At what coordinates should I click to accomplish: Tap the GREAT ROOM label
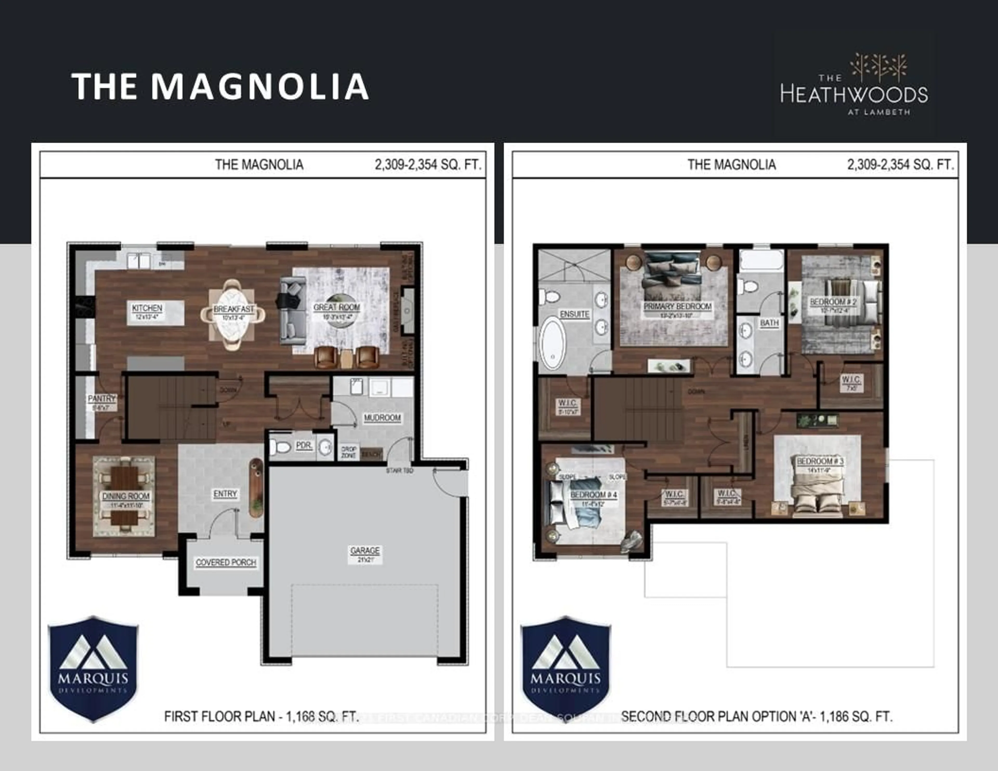pyautogui.click(x=337, y=308)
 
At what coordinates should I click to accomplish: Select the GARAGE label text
pyautogui.click(x=365, y=551)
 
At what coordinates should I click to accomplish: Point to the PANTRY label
pyautogui.click(x=101, y=399)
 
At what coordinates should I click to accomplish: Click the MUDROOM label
pyautogui.click(x=382, y=418)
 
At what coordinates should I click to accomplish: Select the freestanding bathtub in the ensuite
pyautogui.click(x=553, y=342)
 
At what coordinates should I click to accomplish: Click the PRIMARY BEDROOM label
pyautogui.click(x=677, y=307)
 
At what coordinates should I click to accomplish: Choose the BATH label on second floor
pyautogui.click(x=769, y=323)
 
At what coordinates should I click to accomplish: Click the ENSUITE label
pyautogui.click(x=574, y=314)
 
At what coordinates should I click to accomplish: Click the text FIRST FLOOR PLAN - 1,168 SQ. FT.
pyautogui.click(x=261, y=716)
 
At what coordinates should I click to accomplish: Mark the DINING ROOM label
pyautogui.click(x=126, y=496)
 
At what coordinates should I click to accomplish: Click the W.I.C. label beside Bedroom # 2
pyautogui.click(x=851, y=380)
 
